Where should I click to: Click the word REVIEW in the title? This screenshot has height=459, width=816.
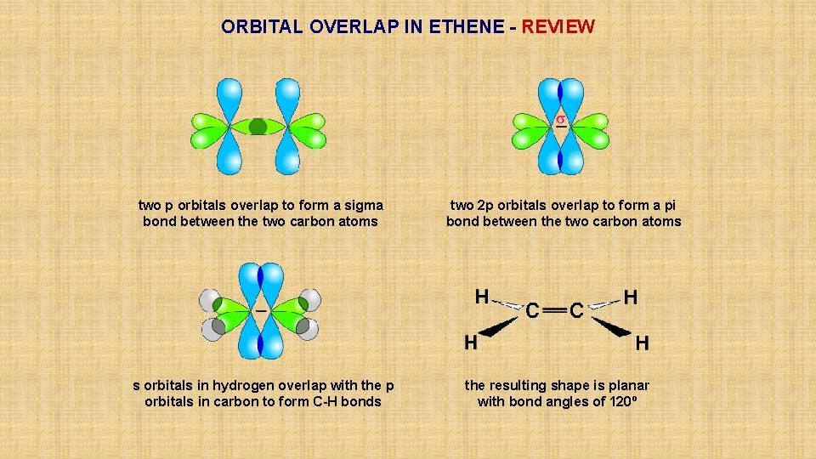pos(558,26)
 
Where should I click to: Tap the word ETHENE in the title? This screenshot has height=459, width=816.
pos(466,26)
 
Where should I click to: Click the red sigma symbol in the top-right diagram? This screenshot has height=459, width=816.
pos(561,120)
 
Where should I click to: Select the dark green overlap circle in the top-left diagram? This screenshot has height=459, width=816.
pos(258,127)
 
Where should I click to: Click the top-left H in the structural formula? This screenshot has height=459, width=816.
pos(482,297)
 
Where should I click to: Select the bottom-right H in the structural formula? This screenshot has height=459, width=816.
pos(643,343)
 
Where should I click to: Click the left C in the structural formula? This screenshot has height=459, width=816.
pos(532,311)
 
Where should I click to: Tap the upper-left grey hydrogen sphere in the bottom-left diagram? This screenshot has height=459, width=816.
pos(209,299)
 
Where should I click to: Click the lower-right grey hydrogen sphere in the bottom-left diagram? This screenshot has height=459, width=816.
pos(309,328)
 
